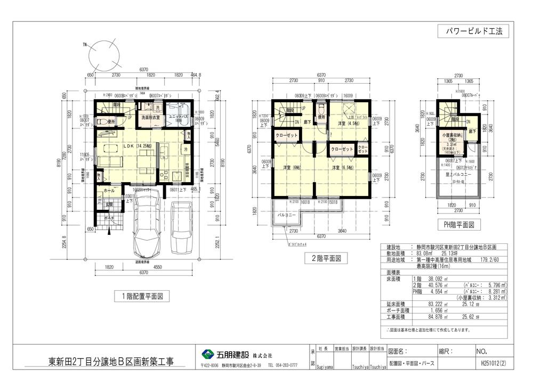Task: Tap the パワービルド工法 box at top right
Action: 473,31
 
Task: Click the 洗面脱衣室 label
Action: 151,117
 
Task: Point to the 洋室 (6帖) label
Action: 292,168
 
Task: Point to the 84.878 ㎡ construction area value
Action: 430,317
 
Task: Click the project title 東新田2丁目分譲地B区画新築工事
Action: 108,362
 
